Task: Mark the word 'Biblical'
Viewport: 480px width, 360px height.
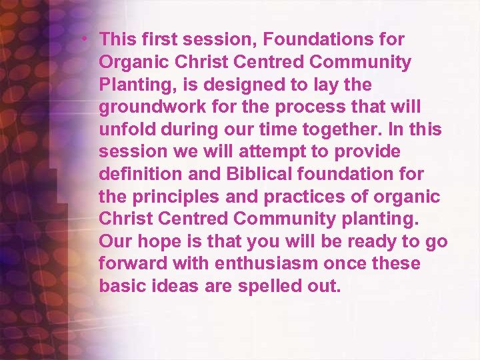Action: (260, 174)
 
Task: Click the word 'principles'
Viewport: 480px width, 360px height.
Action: (171, 197)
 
